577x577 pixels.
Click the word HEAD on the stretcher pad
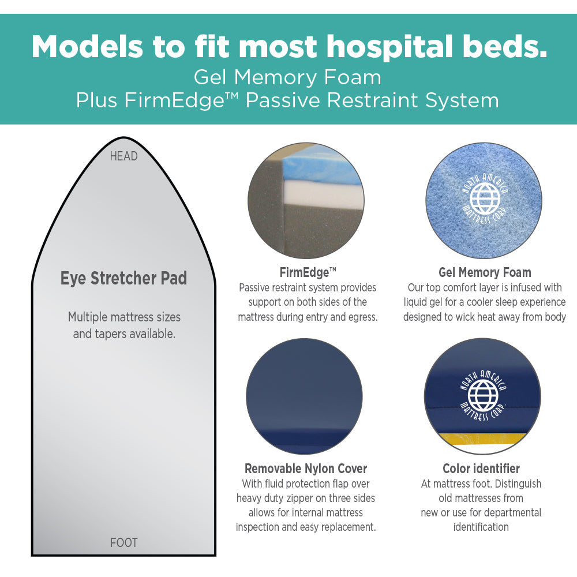pos(123,156)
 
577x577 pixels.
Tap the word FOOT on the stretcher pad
pos(123,542)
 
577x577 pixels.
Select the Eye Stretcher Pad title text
pos(123,278)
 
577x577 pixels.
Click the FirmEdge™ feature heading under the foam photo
pos(307,272)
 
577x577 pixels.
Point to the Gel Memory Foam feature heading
pos(485,272)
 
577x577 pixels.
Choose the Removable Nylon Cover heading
pos(306,469)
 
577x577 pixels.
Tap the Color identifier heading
pos(481,469)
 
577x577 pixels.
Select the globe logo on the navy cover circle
pos(483,396)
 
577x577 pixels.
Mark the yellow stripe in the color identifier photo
pos(482,439)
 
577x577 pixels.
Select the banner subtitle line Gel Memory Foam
pos(287,77)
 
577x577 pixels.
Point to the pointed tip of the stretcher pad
pos(123,138)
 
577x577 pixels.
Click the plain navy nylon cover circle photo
pos(304,396)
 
